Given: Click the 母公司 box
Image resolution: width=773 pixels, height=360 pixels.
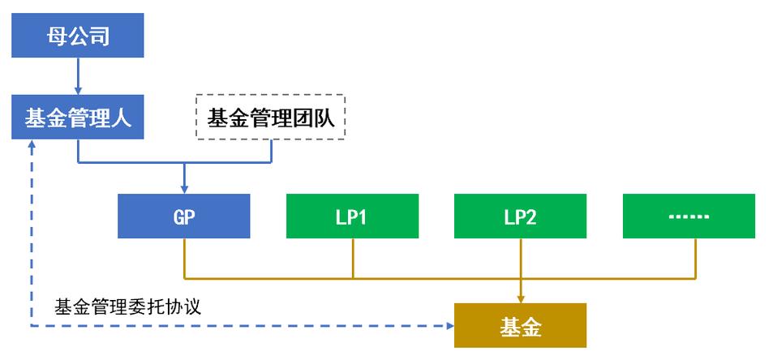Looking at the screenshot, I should [x=78, y=36].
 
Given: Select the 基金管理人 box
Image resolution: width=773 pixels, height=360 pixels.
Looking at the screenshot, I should [x=78, y=118].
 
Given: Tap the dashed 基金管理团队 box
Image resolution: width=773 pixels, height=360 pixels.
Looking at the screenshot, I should [x=271, y=118].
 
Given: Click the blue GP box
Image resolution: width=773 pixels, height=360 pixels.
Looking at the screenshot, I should [x=184, y=216].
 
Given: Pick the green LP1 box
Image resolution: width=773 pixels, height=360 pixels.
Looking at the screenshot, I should [x=352, y=216].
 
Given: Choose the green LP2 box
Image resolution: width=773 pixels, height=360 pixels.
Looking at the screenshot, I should [x=521, y=216].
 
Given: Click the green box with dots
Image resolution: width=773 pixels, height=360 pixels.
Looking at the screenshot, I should [x=689, y=216].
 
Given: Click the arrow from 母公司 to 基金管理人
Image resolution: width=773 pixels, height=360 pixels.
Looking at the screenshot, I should [x=78, y=77].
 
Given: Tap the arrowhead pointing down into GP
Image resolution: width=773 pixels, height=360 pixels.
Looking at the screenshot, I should [x=184, y=189].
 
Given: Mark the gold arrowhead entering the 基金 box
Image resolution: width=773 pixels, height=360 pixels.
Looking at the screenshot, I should [x=521, y=298].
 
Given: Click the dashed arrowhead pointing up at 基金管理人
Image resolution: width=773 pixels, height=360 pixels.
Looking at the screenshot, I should [x=32, y=144].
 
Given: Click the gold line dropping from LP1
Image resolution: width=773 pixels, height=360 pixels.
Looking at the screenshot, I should [x=352, y=258].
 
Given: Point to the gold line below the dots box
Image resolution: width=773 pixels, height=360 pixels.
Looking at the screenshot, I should [x=696, y=258].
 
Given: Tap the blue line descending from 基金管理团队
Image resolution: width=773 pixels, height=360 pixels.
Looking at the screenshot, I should [x=271, y=151].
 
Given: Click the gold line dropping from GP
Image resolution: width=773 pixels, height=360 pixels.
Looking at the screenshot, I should [x=184, y=258].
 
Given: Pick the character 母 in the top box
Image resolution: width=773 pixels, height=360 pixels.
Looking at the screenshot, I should [x=58, y=36].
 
